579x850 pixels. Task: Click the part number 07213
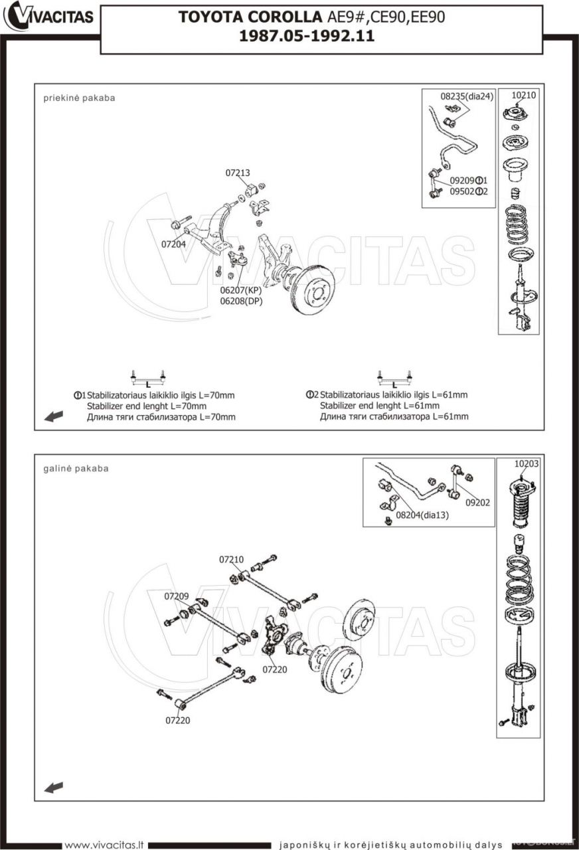[238, 173]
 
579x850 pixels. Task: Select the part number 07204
[173, 244]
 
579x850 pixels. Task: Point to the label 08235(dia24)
[467, 96]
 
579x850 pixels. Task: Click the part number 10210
[524, 95]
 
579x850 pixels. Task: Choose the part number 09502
[462, 191]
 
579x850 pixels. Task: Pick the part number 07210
[232, 559]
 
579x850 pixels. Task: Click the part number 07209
[177, 596]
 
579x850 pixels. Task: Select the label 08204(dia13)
[422, 514]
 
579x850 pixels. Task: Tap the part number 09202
[477, 503]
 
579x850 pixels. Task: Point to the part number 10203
[526, 464]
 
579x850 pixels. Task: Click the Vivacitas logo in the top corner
[49, 16]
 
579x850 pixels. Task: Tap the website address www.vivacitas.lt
[104, 845]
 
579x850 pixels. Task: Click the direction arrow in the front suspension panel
[53, 416]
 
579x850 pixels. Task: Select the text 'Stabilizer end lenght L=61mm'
[379, 406]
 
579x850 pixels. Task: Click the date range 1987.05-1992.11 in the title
[307, 36]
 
